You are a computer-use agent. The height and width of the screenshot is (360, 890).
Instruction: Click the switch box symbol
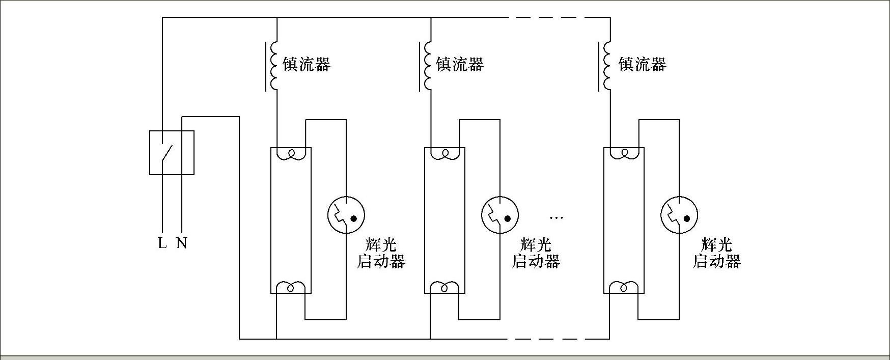tap(172, 153)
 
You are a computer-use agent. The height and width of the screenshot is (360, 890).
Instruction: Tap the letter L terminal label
tap(162, 243)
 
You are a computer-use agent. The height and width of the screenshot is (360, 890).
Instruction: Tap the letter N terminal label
tap(182, 243)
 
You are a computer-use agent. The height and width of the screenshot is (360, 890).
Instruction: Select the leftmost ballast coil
tap(274, 66)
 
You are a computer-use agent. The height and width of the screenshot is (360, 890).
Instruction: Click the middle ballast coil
tap(428, 66)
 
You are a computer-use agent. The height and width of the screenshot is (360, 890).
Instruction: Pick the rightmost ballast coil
tap(607, 66)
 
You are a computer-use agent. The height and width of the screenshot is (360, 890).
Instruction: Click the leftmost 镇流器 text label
tap(307, 65)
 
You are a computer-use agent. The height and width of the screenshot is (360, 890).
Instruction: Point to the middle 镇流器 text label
tap(460, 65)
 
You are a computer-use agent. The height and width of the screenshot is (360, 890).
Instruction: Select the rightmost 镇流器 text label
tap(642, 65)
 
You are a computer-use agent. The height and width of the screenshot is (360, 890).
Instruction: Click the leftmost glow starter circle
tap(346, 215)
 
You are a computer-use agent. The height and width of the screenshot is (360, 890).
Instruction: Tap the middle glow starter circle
tap(500, 215)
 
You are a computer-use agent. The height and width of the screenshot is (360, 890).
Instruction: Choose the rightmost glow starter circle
tap(679, 215)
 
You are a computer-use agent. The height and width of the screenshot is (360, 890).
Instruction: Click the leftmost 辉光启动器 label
tap(381, 253)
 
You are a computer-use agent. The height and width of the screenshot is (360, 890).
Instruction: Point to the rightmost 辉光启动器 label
tap(716, 253)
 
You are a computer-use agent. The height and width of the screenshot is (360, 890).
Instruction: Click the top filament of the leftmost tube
tap(291, 153)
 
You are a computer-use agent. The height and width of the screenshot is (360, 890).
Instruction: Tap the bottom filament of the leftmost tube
tap(291, 288)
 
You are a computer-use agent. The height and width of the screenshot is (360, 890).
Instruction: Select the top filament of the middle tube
tap(444, 153)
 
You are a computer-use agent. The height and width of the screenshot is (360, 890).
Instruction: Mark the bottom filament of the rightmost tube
tap(624, 288)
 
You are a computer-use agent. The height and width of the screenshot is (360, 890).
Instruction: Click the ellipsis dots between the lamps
tap(556, 218)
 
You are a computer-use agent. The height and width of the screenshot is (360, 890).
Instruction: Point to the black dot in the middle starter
tap(507, 219)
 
